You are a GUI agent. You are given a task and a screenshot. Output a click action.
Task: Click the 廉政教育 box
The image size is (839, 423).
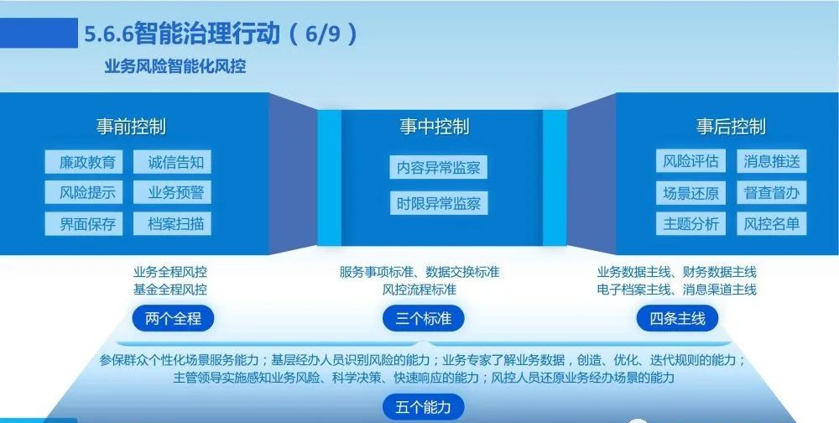pyautogui.click(x=83, y=162)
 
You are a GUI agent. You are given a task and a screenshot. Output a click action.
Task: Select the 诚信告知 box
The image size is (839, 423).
pyautogui.click(x=172, y=162)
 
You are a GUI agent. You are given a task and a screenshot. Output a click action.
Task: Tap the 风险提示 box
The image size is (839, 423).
pyautogui.click(x=83, y=192)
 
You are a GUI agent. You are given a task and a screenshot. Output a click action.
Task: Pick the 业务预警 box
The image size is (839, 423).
pyautogui.click(x=172, y=192)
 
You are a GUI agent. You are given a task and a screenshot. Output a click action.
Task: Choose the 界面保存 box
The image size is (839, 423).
pyautogui.click(x=83, y=224)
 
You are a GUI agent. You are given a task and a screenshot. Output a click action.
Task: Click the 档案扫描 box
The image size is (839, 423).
pyautogui.click(x=172, y=224)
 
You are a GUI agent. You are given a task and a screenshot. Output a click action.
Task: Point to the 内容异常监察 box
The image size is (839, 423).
pyautogui.click(x=439, y=168)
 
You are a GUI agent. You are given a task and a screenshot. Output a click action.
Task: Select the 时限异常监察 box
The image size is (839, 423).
pyautogui.click(x=439, y=203)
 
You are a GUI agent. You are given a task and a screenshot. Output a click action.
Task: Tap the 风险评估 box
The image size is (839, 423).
pyautogui.click(x=690, y=161)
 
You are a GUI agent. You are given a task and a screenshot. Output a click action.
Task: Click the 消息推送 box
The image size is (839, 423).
pyautogui.click(x=772, y=161)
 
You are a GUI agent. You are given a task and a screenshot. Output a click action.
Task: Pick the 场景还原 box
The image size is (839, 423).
pyautogui.click(x=690, y=193)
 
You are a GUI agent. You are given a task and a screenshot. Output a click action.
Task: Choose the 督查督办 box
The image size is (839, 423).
pyautogui.click(x=772, y=193)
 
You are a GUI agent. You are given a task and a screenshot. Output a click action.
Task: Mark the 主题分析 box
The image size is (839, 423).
pyautogui.click(x=690, y=224)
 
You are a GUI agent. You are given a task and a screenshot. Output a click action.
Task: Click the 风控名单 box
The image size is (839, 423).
pyautogui.click(x=772, y=224)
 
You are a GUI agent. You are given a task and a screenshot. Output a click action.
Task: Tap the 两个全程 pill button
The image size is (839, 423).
pyautogui.click(x=173, y=319)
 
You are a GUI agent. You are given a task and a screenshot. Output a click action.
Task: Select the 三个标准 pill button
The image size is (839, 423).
pyautogui.click(x=423, y=319)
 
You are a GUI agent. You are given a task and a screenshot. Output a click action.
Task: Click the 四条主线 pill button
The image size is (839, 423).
pyautogui.click(x=677, y=319)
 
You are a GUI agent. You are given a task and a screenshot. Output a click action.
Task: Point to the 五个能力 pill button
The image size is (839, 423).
pyautogui.click(x=423, y=407)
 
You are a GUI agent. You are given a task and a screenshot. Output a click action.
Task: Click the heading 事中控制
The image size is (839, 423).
pyautogui.click(x=435, y=127)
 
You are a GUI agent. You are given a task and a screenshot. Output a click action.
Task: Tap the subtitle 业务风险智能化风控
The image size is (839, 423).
pyautogui.click(x=175, y=67)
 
